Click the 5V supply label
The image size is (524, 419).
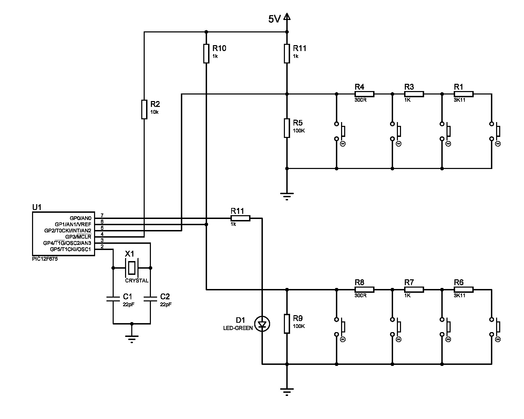[x=275, y=19]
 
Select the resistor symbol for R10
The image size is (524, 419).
[x=206, y=53]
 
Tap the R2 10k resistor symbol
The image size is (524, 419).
[x=144, y=109]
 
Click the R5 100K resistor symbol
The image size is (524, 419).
[x=287, y=128]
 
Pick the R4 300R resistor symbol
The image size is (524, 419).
[x=364, y=93]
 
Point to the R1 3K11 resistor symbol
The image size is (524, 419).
[x=463, y=93]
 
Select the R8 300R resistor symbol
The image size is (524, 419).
[x=364, y=290]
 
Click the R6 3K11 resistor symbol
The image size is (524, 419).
[x=463, y=290]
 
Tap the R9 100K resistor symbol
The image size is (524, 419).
[x=287, y=323]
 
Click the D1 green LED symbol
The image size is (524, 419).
[x=263, y=324]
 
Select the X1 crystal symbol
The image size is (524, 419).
[x=132, y=268]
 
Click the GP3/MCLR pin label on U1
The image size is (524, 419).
[x=78, y=237]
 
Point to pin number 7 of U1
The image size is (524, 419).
[x=102, y=216]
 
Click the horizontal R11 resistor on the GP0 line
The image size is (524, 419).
[x=240, y=218]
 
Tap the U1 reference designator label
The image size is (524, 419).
[x=37, y=207]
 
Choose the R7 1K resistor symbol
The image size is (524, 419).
[x=414, y=290]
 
